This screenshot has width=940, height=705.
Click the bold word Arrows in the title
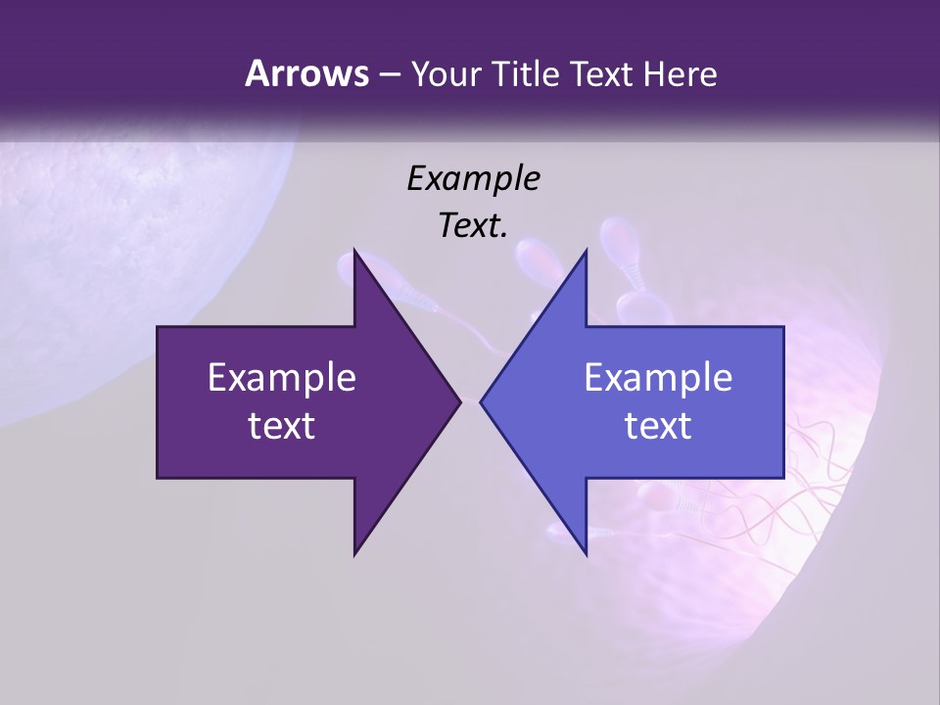[x=306, y=73]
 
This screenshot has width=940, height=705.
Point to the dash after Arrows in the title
[x=389, y=75]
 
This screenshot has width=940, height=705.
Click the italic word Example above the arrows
[x=473, y=179]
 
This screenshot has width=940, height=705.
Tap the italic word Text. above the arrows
[x=473, y=226]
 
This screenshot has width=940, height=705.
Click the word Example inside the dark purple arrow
[x=282, y=378]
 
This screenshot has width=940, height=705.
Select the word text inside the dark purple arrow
[x=282, y=426]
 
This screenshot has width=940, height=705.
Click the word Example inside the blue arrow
[x=658, y=378]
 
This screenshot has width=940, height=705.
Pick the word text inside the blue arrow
[x=658, y=426]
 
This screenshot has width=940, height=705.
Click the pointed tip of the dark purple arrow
[x=460, y=401]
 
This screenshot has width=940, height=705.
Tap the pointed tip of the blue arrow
[x=481, y=401]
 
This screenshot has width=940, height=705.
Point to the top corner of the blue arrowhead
[x=586, y=251]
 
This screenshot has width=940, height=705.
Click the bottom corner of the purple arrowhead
[x=354, y=554]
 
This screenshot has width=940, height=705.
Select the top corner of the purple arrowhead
[x=354, y=251]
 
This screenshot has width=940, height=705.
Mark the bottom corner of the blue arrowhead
[x=586, y=554]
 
